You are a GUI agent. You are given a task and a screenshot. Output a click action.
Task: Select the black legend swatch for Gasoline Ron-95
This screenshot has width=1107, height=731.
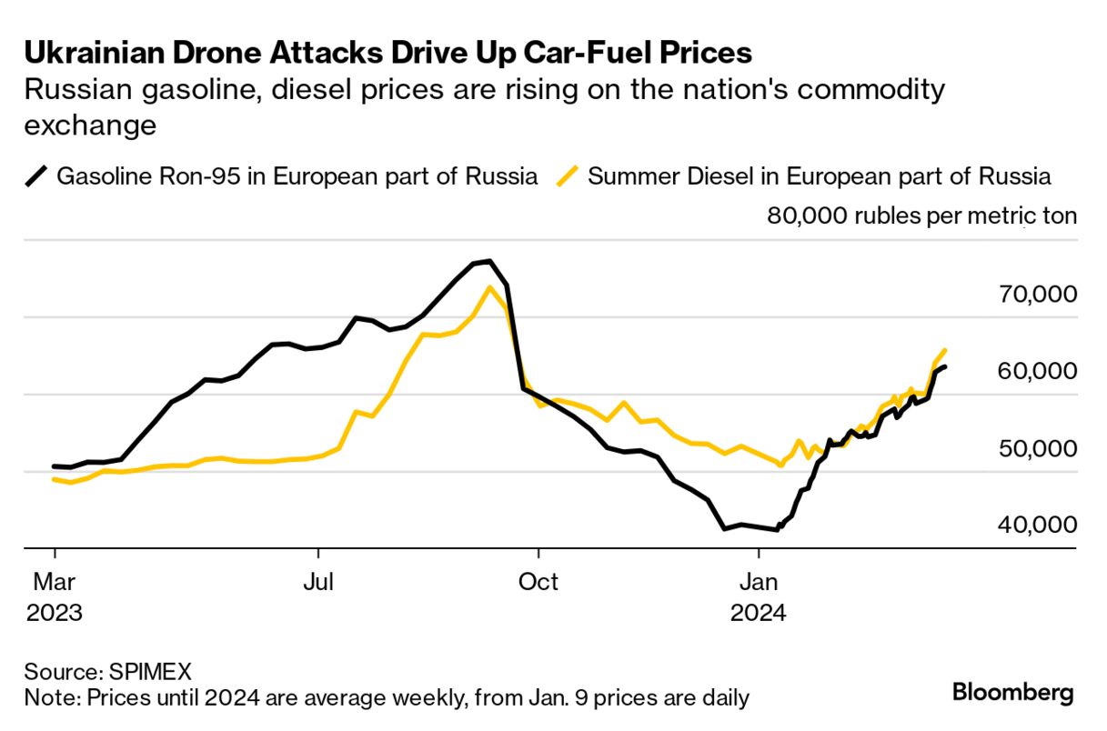[x=36, y=175]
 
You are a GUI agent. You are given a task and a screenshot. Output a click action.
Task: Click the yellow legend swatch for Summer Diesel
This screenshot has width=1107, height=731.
[x=569, y=175]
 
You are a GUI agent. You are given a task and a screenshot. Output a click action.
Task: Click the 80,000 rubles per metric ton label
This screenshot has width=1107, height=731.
[x=922, y=216]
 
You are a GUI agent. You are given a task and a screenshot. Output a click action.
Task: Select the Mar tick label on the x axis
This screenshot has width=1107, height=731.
[x=55, y=581]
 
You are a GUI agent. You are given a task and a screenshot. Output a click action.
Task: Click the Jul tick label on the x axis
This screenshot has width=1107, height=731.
[x=318, y=581]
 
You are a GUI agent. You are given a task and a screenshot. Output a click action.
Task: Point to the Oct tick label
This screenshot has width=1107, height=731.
[x=538, y=581]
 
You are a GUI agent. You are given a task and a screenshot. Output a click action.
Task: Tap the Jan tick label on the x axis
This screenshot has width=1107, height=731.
[x=758, y=581]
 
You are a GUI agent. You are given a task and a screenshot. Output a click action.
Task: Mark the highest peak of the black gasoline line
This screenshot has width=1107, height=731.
[x=489, y=262]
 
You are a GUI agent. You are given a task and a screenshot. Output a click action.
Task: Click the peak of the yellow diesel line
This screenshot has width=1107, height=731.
[x=489, y=287]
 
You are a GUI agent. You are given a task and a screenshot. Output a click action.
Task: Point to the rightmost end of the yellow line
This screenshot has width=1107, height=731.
[x=946, y=350]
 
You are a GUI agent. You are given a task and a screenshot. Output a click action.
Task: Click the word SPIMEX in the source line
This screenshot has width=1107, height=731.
[x=151, y=672]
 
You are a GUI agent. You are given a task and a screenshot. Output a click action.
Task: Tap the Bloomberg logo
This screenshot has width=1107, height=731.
[x=1013, y=693]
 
